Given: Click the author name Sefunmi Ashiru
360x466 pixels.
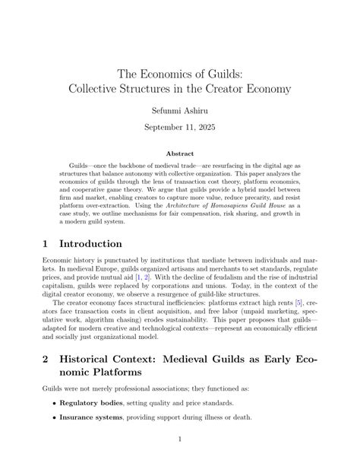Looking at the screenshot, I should click(179, 110).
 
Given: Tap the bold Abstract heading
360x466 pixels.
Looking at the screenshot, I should click(180, 153).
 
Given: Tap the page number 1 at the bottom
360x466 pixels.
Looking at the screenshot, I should click(180, 438).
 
